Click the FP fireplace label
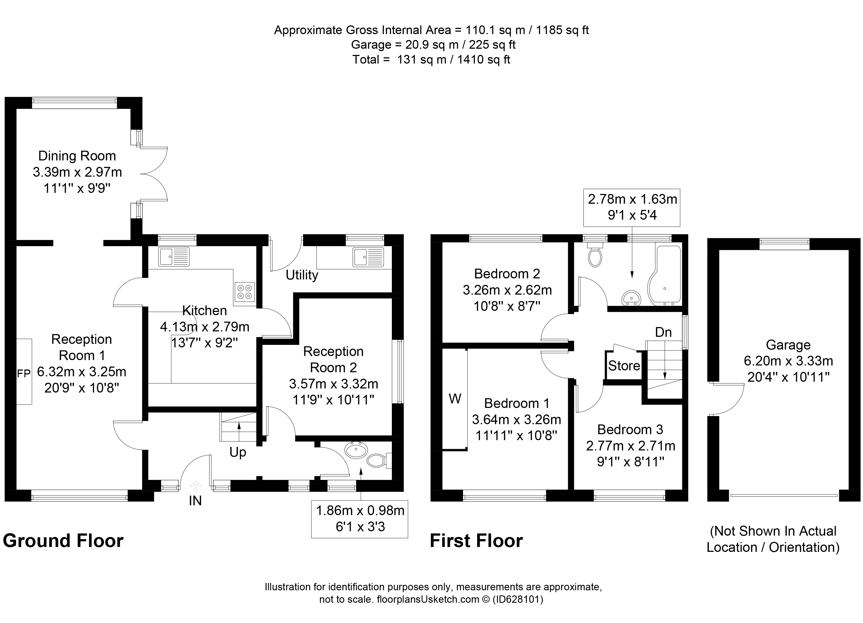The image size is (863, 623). tap(24, 374)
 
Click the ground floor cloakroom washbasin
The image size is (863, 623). tap(356, 450)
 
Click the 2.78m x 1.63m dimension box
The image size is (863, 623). tap(632, 207)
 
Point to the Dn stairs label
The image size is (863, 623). tap(663, 332)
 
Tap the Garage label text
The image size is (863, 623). tap(788, 345)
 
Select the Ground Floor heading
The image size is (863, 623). tap(63, 540)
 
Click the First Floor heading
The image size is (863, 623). tap(476, 540)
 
